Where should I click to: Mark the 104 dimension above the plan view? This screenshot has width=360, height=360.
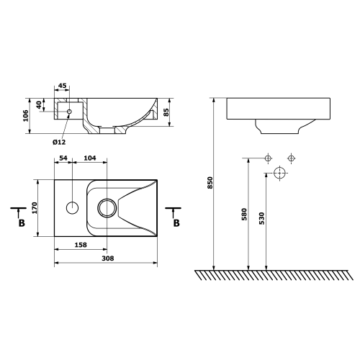pos(91,157)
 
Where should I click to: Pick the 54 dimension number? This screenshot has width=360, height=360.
pos(63,157)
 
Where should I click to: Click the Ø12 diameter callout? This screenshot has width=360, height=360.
pos(60,141)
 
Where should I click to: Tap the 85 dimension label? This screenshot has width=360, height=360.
pos(166,112)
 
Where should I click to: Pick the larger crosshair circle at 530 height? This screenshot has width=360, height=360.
pos(280,174)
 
